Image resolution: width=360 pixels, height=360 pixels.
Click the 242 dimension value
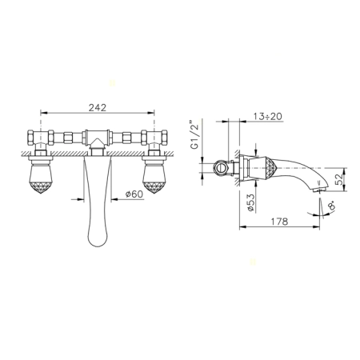pos(98,107)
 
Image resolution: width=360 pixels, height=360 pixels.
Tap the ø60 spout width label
pos(134,194)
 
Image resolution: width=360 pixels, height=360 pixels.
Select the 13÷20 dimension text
pos(267,117)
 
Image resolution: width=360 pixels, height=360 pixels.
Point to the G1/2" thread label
pos(196,136)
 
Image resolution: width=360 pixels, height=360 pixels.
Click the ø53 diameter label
pos(251,202)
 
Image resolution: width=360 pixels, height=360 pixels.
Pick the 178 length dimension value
pos(279,222)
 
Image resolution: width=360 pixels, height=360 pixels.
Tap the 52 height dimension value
pos(339,179)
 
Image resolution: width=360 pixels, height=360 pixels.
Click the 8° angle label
pos(331,206)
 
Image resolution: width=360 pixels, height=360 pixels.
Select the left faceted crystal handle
pos(41,178)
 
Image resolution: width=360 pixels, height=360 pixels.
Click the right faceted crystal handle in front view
pos(154,178)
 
